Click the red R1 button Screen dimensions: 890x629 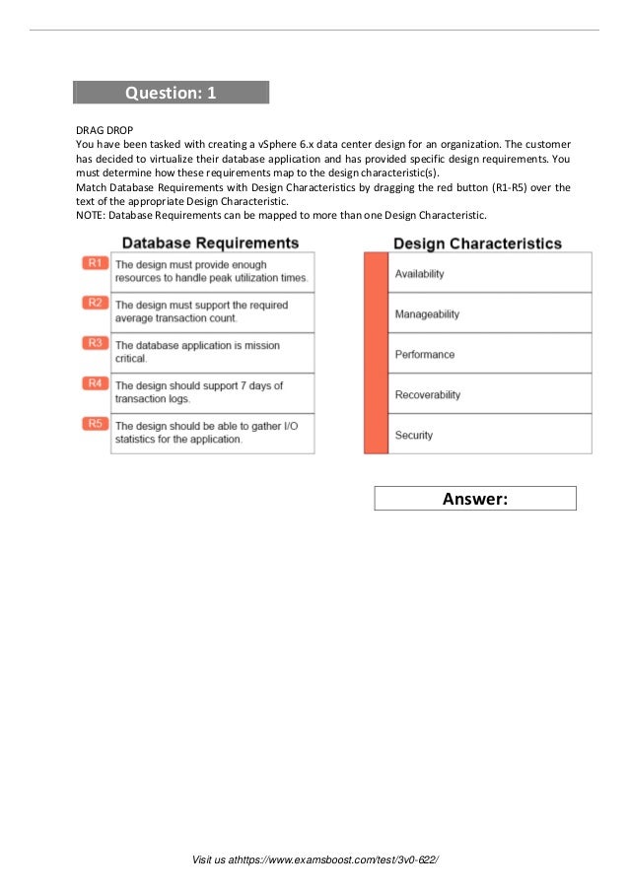[x=95, y=263]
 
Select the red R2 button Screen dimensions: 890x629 [x=95, y=303]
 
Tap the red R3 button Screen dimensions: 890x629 [x=95, y=343]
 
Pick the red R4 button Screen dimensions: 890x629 [x=95, y=382]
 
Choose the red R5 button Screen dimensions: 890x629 [x=95, y=423]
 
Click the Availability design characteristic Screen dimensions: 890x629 [x=419, y=273]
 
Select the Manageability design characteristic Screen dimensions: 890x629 [x=427, y=313]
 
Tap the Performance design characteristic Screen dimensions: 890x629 [x=424, y=354]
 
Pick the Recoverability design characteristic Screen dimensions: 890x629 [x=427, y=394]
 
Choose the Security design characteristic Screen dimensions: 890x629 [x=413, y=435]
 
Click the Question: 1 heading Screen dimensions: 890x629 [x=170, y=93]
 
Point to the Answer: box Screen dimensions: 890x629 [x=474, y=499]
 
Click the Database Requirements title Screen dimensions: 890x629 [x=209, y=242]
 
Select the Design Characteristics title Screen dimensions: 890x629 [x=477, y=243]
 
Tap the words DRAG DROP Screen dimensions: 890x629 [x=104, y=130]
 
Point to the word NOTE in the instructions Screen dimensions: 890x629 [x=90, y=215]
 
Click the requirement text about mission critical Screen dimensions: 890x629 [x=196, y=352]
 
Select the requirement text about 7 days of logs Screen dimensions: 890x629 [x=198, y=392]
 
